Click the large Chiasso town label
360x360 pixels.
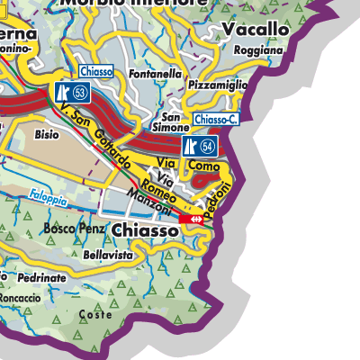(x=146, y=231)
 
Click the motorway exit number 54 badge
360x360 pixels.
(x=199, y=146)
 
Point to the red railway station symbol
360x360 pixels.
(x=191, y=219)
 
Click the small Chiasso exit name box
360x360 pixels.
(x=95, y=71)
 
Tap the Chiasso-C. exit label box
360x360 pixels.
(x=214, y=120)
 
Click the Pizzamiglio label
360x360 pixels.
(x=219, y=85)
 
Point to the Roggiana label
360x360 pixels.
(x=257, y=51)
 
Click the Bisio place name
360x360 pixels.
(x=47, y=135)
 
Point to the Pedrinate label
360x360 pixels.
(x=42, y=278)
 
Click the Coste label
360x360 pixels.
(x=95, y=315)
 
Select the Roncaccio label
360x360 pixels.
(x=20, y=297)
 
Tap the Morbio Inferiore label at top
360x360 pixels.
(x=132, y=4)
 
